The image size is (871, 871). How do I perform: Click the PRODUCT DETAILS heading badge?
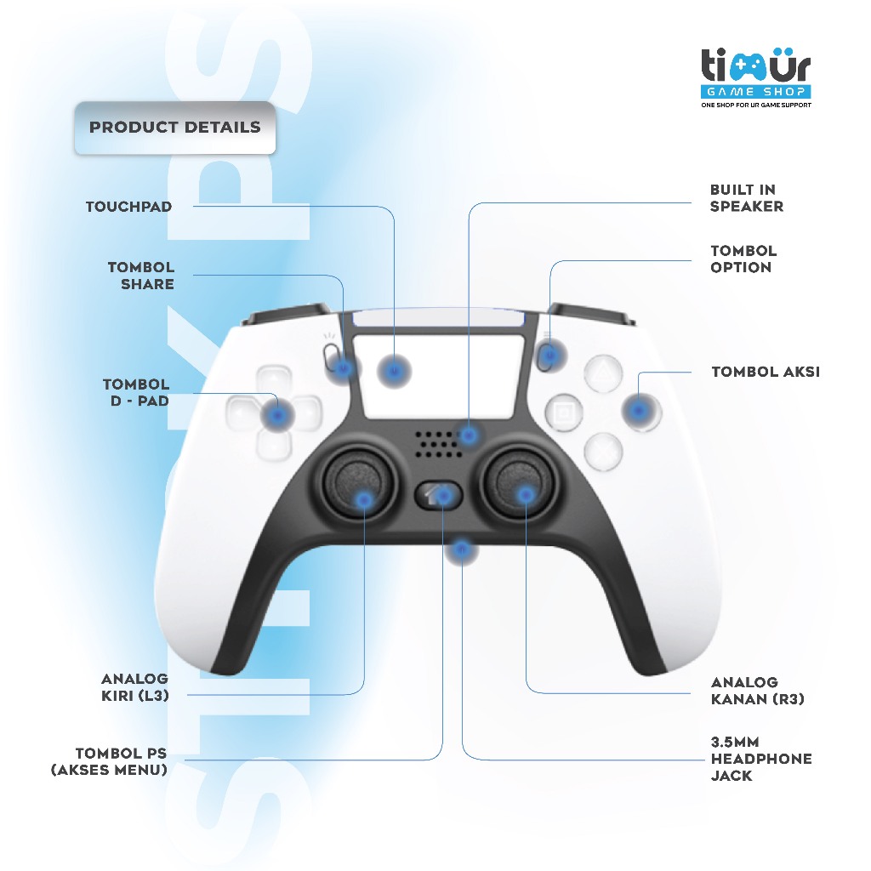click(x=175, y=128)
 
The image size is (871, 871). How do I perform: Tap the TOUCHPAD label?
click(x=129, y=207)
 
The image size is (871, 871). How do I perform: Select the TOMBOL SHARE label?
click(x=141, y=276)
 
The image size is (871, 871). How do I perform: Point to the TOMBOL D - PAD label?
click(x=136, y=392)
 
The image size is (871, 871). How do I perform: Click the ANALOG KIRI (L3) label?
click(x=135, y=687)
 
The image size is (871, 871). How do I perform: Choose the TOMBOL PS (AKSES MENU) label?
click(x=110, y=761)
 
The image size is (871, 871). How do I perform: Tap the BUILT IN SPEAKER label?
click(x=747, y=197)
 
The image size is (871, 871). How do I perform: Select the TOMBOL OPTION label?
click(x=743, y=259)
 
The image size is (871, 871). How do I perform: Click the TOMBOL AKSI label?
click(x=766, y=372)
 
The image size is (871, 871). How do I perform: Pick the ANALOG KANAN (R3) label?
click(x=758, y=691)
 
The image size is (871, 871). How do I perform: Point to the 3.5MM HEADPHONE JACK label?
click(x=761, y=759)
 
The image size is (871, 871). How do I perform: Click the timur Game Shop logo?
click(x=756, y=78)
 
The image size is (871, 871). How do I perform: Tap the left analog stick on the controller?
click(x=360, y=482)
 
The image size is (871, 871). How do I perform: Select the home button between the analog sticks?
click(x=439, y=494)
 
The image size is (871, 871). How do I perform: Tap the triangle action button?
click(x=603, y=373)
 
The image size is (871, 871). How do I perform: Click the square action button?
click(x=565, y=413)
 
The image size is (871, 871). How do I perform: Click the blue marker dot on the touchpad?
click(x=395, y=371)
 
